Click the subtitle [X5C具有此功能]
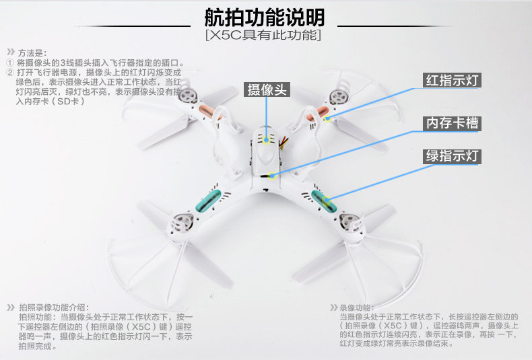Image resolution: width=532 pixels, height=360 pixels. (264, 34)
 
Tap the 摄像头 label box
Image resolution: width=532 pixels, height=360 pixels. (267, 90)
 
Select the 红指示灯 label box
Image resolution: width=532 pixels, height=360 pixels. (452, 81)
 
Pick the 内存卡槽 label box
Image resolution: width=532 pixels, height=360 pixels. (452, 123)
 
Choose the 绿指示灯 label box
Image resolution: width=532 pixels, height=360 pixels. (452, 157)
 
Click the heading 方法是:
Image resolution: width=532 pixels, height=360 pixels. (32, 52)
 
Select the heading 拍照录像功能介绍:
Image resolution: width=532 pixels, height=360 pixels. (53, 307)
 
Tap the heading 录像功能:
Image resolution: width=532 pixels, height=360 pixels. (356, 307)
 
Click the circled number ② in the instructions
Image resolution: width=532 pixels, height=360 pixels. (10, 71)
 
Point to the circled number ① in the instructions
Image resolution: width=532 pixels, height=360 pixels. (10, 62)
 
